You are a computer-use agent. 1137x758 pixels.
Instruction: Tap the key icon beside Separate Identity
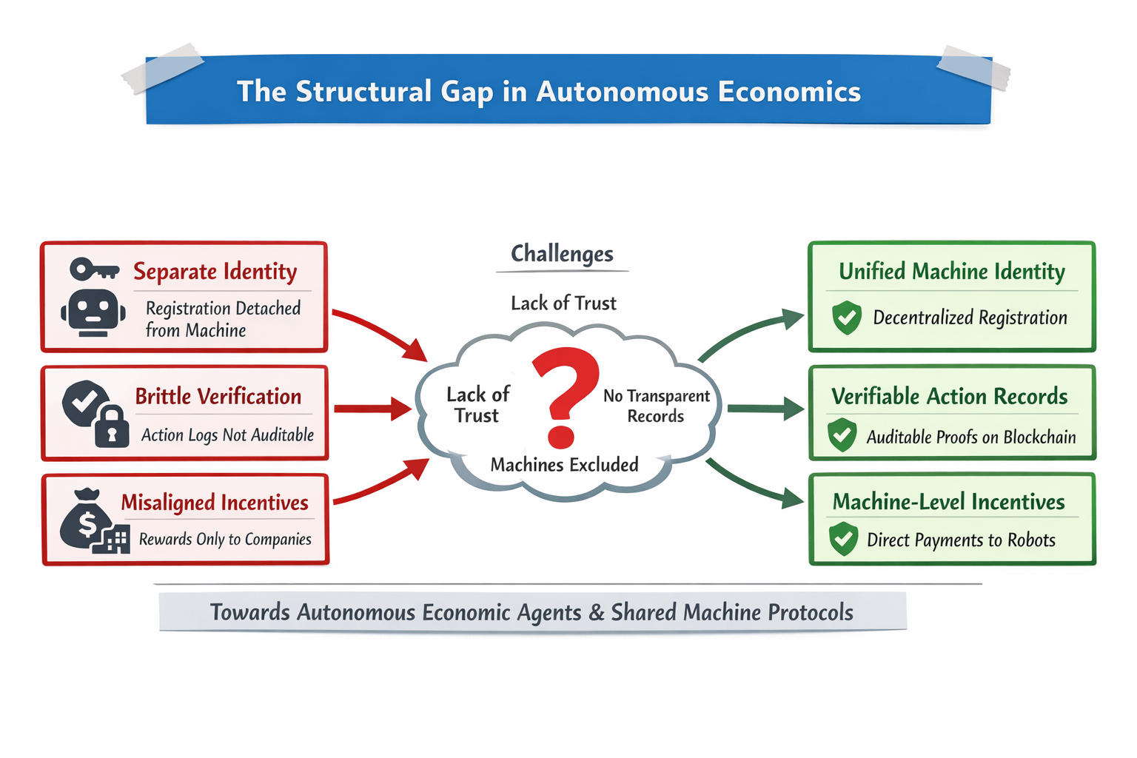coord(94,269)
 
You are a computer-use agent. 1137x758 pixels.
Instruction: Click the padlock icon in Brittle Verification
coord(112,426)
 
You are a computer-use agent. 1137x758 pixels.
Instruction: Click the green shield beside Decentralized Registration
coord(847,318)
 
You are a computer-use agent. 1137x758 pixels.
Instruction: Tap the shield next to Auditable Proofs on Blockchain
coord(842,435)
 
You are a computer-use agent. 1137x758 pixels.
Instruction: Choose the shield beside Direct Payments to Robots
coord(843,539)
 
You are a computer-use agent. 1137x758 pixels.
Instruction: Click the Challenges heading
coord(562,254)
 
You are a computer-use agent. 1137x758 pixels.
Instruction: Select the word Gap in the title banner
coord(466,93)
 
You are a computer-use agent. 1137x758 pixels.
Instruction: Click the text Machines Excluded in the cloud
coord(564,465)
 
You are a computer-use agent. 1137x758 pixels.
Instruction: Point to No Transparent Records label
coord(656,406)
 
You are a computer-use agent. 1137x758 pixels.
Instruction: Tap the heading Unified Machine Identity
coord(951,272)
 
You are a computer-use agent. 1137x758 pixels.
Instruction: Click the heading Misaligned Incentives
coord(215,503)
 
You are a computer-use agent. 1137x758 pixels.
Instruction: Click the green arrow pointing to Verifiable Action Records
coord(765,409)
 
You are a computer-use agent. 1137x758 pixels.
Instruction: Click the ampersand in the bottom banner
coord(597,613)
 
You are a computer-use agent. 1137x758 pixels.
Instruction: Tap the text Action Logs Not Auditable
coord(227,435)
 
